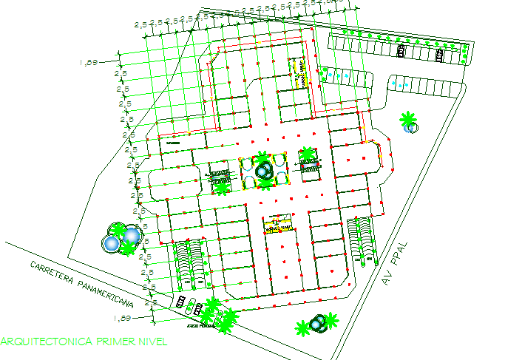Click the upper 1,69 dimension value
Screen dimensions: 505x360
pos(89,63)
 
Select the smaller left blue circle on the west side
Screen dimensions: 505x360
pos(111,243)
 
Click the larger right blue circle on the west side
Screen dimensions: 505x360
pos(131,236)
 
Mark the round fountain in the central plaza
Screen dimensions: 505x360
pos(263,171)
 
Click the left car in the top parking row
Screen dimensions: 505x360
pos(400,52)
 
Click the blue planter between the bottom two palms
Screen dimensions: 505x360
pos(316,323)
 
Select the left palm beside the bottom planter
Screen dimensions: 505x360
pos(302,327)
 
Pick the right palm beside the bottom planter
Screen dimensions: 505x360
pos(331,319)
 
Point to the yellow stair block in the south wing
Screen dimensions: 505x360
pos(277,225)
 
